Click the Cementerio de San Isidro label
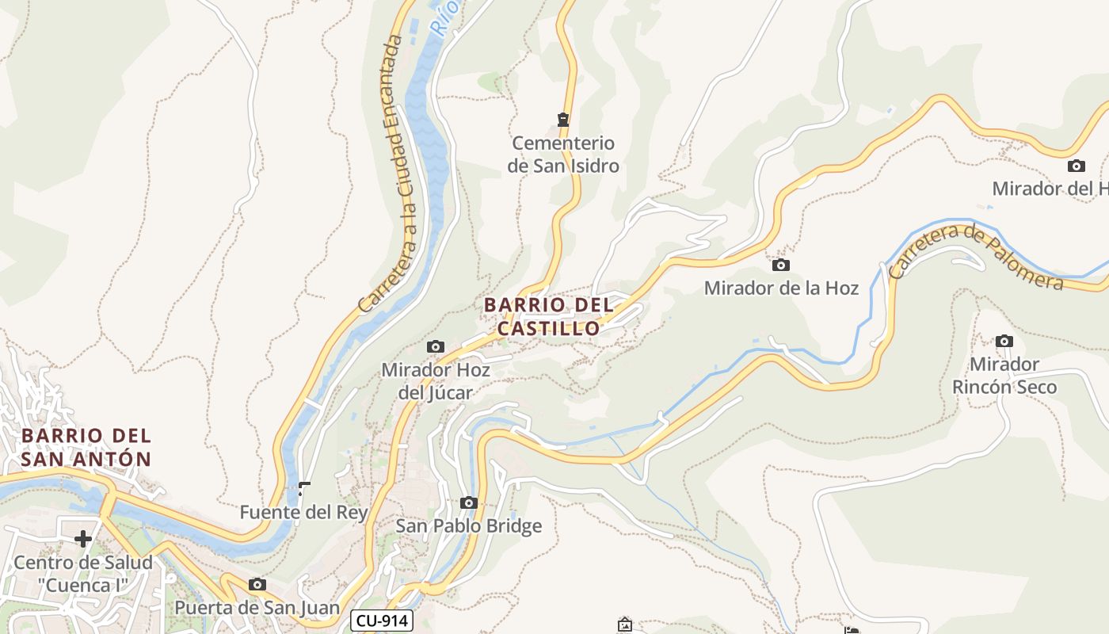tap(563, 155)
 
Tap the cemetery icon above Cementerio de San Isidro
tap(563, 120)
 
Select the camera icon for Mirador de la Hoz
tap(781, 265)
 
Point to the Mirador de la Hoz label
tap(781, 288)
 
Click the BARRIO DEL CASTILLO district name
tap(549, 316)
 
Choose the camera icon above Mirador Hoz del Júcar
tap(435, 346)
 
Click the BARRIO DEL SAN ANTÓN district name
tap(86, 447)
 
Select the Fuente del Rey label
tap(304, 513)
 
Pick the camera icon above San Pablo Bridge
tap(469, 502)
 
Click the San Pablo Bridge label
tap(469, 526)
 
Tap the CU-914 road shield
tap(382, 621)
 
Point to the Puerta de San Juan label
tap(257, 609)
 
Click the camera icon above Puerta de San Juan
tap(257, 585)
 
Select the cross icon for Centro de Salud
tap(83, 540)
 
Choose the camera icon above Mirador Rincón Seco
tap(1004, 341)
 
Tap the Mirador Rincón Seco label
tap(1004, 376)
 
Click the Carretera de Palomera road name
tap(976, 255)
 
